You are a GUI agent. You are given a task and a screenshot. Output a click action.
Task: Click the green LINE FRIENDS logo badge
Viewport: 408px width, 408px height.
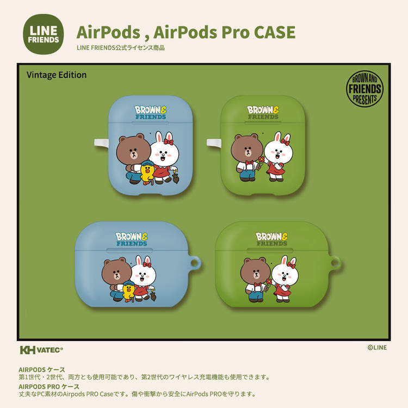click(42, 34)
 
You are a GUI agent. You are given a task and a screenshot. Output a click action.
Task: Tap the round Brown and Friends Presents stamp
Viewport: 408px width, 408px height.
click(364, 88)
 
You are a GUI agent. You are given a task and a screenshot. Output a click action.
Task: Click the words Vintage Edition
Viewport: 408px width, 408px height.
click(57, 75)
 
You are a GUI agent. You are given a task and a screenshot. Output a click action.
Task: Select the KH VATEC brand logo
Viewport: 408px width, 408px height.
click(41, 350)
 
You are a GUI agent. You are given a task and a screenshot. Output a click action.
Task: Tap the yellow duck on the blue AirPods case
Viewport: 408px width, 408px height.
click(147, 172)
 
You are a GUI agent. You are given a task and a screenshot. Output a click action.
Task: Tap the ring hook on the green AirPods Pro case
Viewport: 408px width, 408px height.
click(334, 264)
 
